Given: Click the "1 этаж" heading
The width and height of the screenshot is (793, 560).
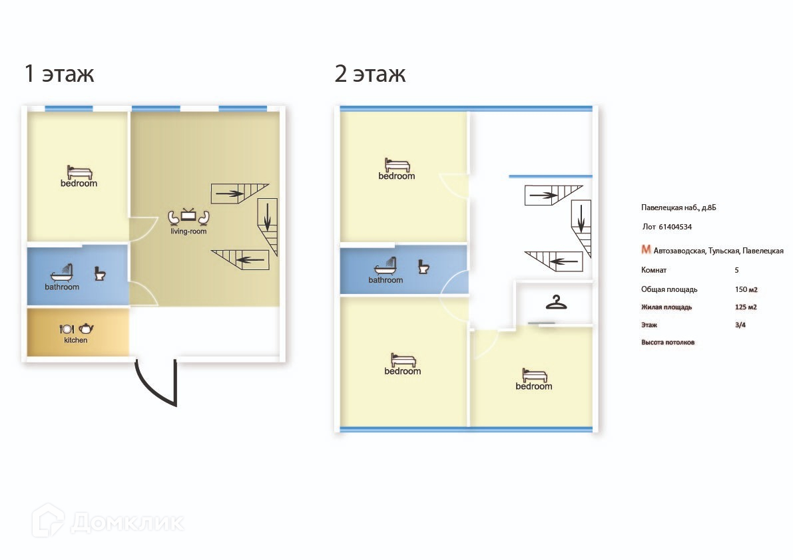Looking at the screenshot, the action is pyautogui.click(x=59, y=73).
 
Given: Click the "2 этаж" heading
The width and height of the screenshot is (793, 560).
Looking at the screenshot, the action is pyautogui.click(x=370, y=73).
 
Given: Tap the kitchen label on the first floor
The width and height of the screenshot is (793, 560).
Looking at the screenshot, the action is pyautogui.click(x=76, y=341).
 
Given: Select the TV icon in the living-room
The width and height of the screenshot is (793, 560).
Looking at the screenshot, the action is pyautogui.click(x=188, y=215).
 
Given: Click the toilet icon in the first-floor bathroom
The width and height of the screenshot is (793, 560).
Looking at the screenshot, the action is pyautogui.click(x=100, y=274).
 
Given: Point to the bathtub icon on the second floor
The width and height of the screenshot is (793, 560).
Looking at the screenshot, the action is pyautogui.click(x=386, y=265).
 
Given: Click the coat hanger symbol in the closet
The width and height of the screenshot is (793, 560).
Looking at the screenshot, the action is pyautogui.click(x=557, y=303).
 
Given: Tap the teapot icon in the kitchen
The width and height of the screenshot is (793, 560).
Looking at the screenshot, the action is pyautogui.click(x=87, y=329).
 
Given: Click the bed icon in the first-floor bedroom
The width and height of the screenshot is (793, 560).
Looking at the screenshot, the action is pyautogui.click(x=80, y=172).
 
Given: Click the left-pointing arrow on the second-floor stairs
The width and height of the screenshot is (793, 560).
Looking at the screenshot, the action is pyautogui.click(x=564, y=261).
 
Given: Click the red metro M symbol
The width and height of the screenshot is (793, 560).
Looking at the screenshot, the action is pyautogui.click(x=646, y=249).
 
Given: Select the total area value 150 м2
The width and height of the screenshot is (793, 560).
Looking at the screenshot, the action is pyautogui.click(x=746, y=289).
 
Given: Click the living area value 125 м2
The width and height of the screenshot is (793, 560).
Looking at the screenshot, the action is pyautogui.click(x=746, y=307).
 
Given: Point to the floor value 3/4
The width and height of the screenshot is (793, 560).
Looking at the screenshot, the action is pyautogui.click(x=740, y=325).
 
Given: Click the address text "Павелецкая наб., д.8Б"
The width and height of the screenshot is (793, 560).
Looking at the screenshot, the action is pyautogui.click(x=678, y=208).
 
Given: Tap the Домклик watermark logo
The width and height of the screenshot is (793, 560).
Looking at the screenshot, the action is pyautogui.click(x=108, y=521).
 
